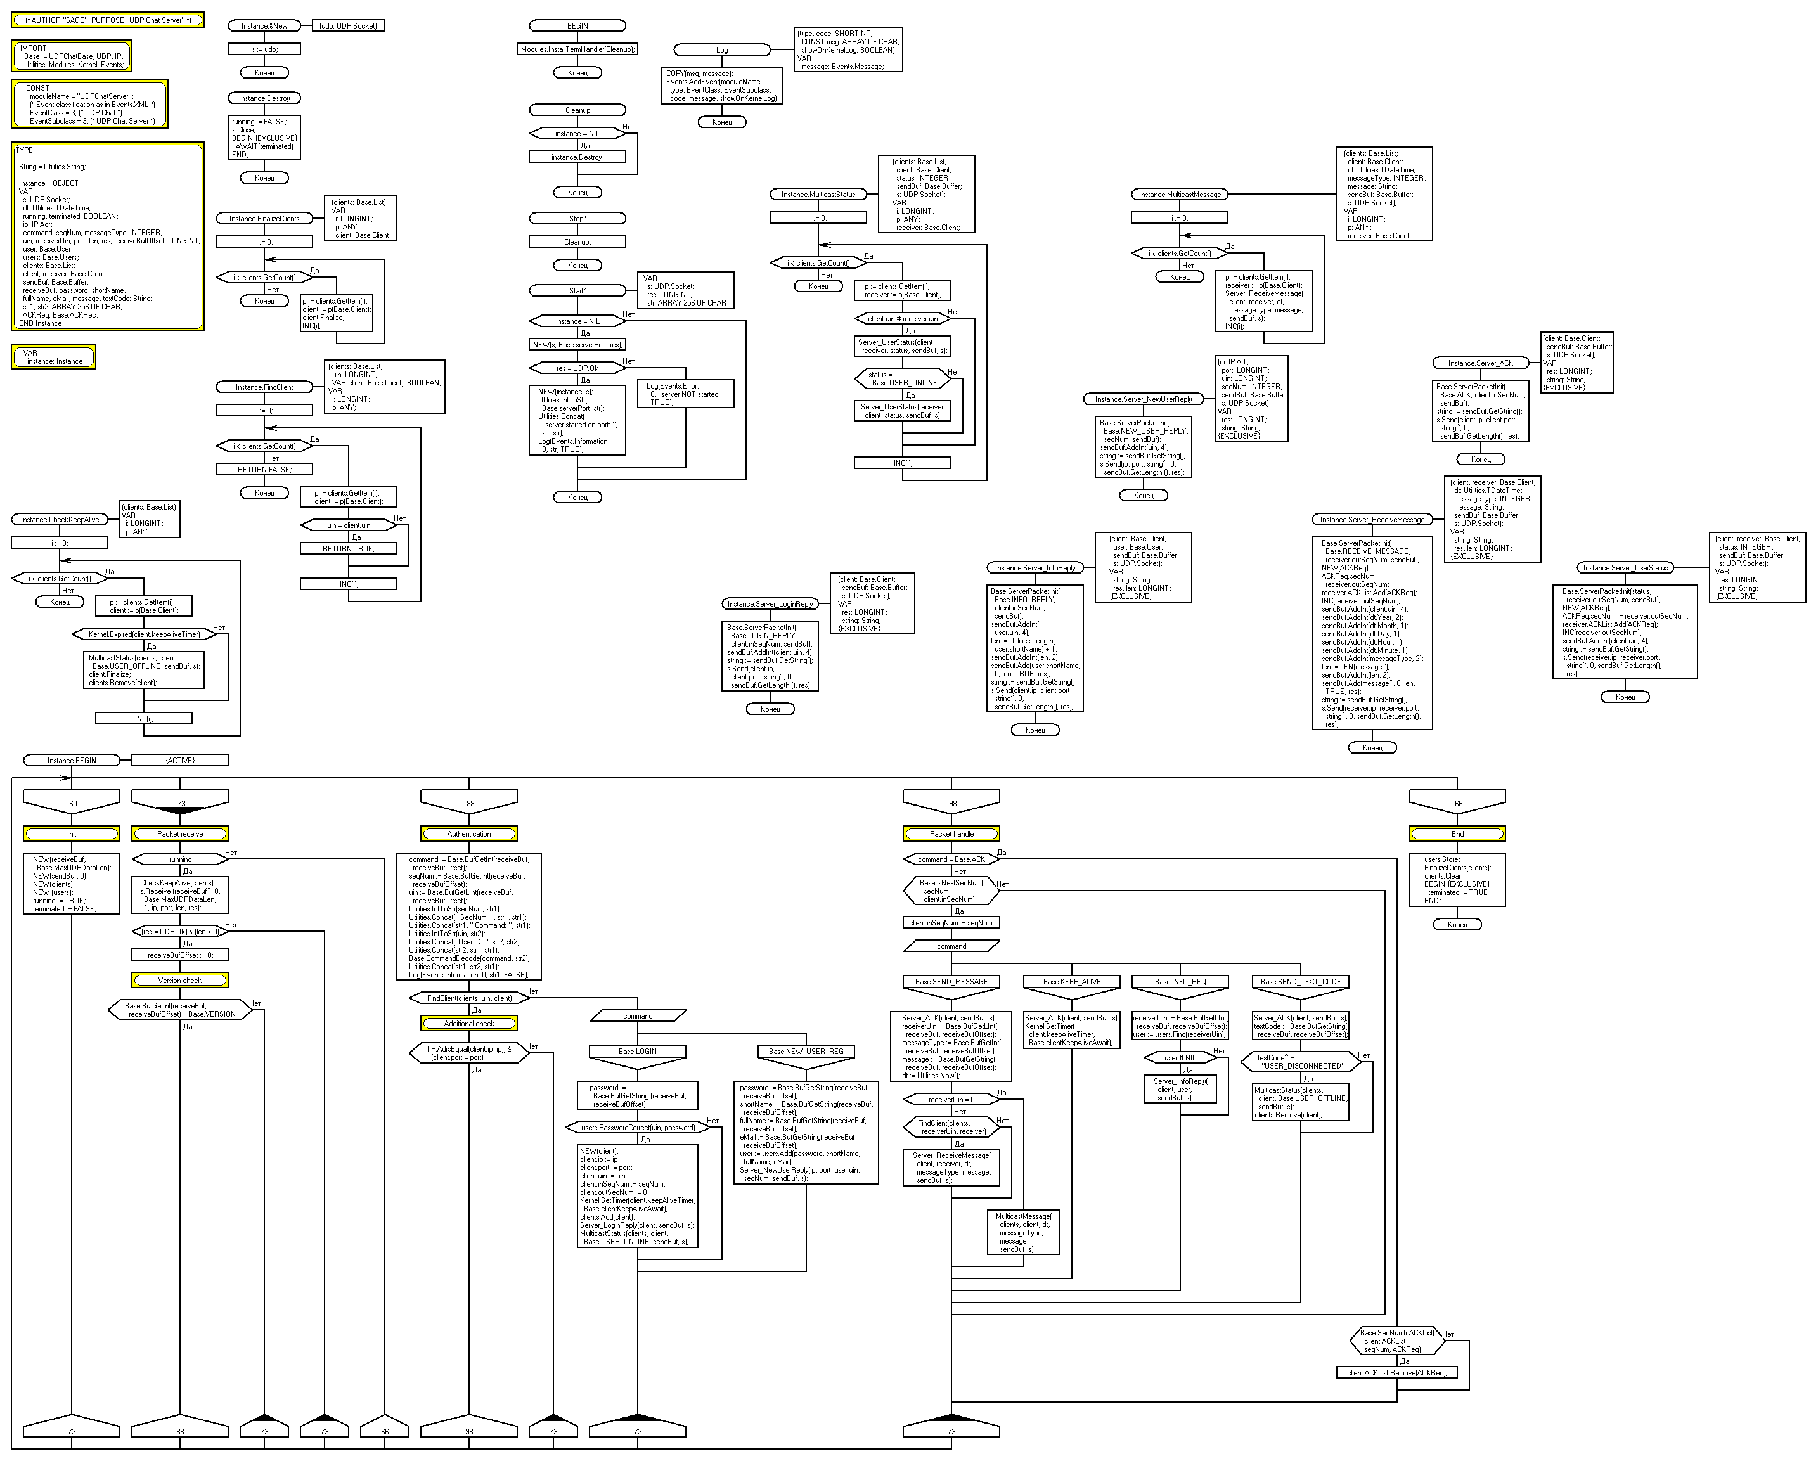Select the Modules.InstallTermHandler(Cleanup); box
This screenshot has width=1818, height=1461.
click(577, 49)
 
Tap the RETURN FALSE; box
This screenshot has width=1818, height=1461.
click(264, 470)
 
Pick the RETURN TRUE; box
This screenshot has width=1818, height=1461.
click(348, 549)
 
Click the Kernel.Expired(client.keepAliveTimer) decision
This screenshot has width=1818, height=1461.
click(144, 634)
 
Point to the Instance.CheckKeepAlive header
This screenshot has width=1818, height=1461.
click(59, 519)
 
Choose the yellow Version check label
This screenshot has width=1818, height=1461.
click(179, 981)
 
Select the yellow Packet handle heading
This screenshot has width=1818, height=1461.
click(951, 833)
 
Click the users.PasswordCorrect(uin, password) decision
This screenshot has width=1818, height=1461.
click(638, 1127)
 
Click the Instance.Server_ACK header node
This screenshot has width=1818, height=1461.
click(1480, 363)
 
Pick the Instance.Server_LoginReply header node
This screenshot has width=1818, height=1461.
click(770, 603)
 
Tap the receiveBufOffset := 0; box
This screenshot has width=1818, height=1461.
click(179, 955)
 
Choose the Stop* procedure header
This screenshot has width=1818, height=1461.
click(577, 218)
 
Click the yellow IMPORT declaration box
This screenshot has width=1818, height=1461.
click(72, 56)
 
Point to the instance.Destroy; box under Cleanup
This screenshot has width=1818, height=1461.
click(577, 157)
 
